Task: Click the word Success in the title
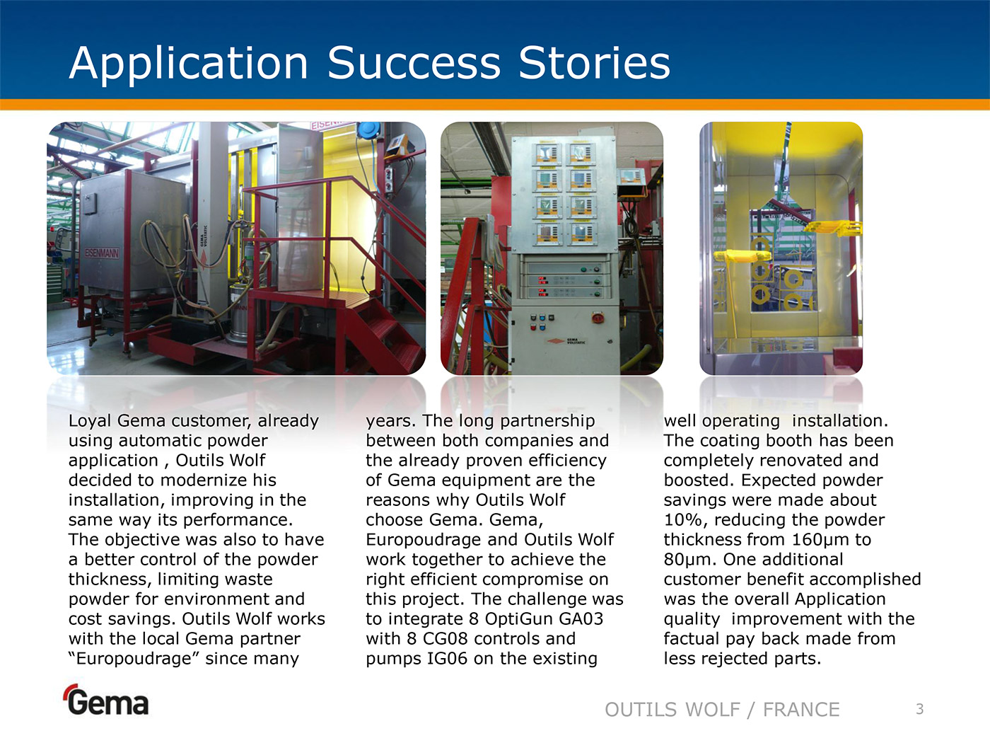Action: pos(414,63)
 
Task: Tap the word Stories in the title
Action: pos(595,63)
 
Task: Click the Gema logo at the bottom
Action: pos(106,700)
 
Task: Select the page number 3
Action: pos(920,709)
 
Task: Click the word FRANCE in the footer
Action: pos(801,710)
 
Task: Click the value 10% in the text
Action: pos(682,520)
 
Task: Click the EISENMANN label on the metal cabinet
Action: pos(102,253)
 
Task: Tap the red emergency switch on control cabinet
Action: pos(598,318)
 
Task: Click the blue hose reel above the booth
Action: pos(369,130)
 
